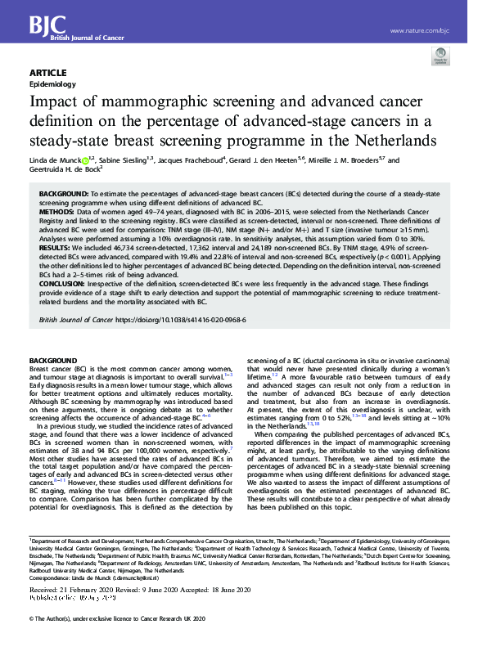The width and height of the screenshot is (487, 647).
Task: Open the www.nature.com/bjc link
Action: [x=420, y=31]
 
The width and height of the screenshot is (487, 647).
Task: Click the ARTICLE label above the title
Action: [x=47, y=72]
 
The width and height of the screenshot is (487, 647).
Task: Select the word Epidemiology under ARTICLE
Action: [x=52, y=83]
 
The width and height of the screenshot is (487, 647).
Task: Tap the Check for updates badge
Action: [x=442, y=56]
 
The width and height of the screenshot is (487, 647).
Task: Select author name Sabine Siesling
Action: [x=122, y=160]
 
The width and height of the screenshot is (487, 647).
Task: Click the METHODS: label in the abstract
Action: [x=56, y=212]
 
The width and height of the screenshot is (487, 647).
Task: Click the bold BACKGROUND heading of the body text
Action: [x=52, y=361]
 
